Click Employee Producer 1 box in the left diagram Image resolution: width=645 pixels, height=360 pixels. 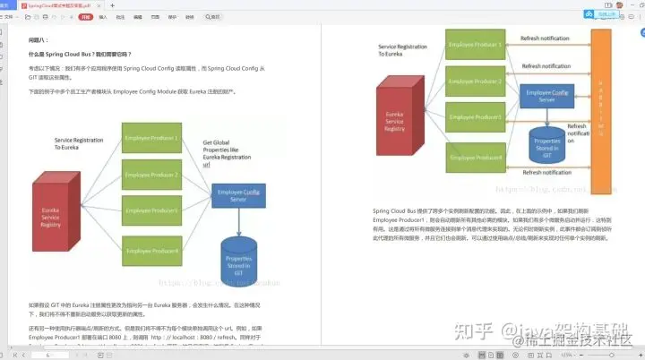click(x=151, y=138)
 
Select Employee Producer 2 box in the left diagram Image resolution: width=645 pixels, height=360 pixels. click(x=151, y=175)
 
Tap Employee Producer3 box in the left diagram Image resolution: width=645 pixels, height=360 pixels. click(x=151, y=211)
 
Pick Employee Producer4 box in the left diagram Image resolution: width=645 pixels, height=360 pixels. click(x=151, y=252)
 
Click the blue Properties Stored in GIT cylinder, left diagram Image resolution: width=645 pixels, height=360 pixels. click(x=245, y=261)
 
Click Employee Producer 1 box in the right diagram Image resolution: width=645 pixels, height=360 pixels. click(x=475, y=46)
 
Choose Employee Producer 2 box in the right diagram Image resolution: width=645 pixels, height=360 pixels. click(x=475, y=81)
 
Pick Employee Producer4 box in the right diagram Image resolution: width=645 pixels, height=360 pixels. click(x=475, y=159)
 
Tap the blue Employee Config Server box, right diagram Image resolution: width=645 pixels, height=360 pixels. click(x=547, y=97)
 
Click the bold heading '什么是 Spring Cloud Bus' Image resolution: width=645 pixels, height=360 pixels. click(x=80, y=55)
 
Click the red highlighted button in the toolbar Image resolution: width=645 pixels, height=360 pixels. click(x=85, y=16)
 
